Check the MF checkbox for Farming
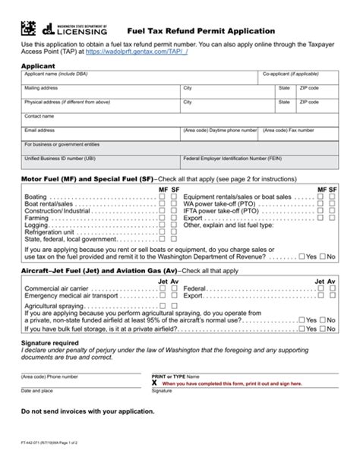pyautogui.click(x=163, y=217)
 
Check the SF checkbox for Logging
pyautogui.click(x=175, y=225)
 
